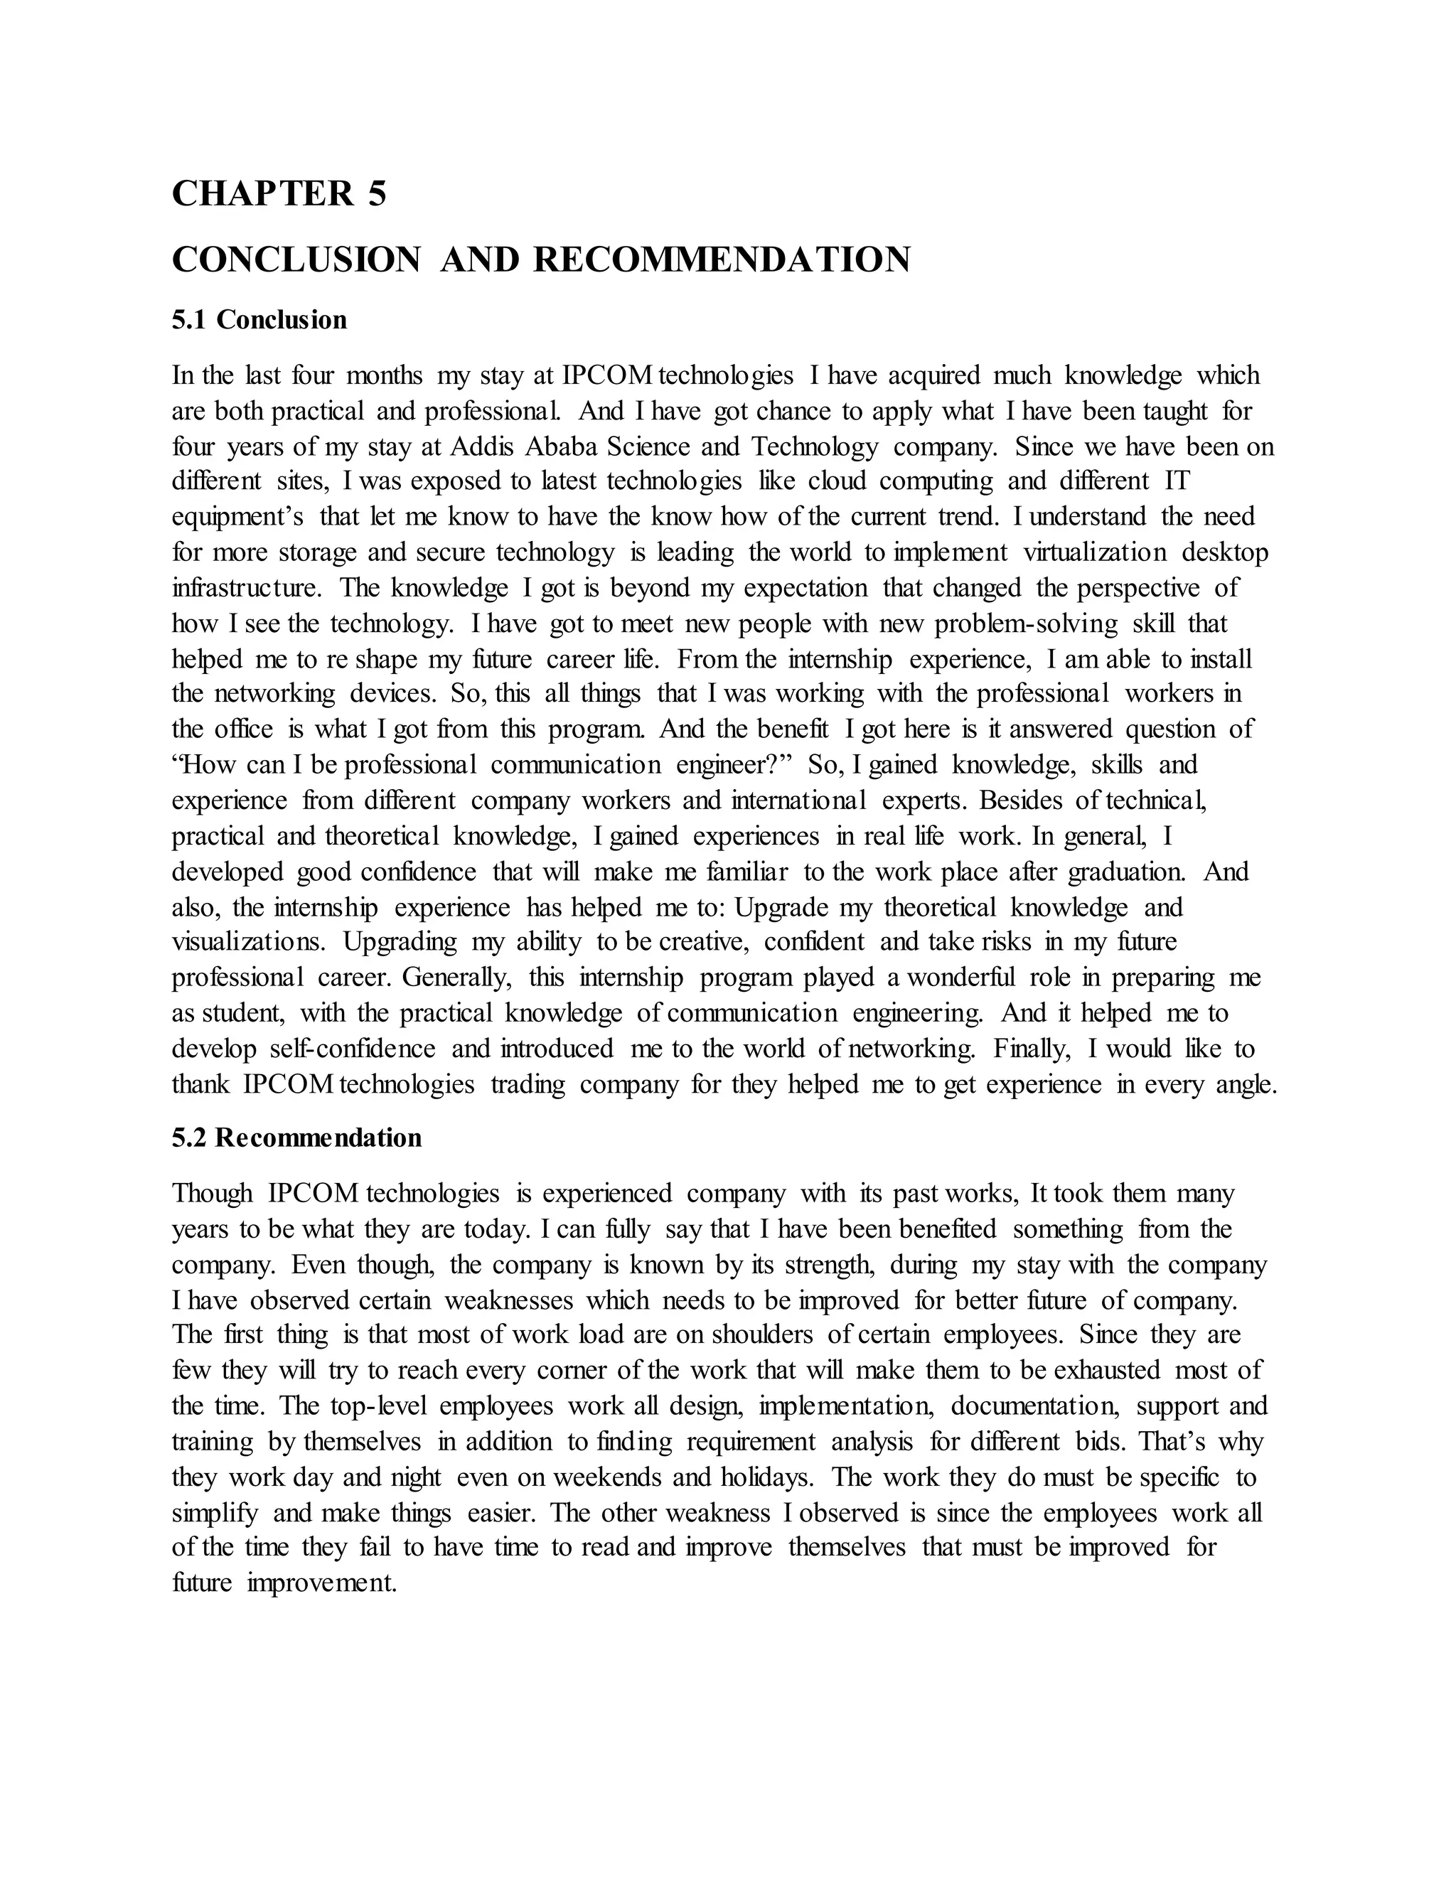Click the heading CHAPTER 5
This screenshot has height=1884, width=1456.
279,193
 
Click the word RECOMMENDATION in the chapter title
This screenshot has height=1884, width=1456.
721,259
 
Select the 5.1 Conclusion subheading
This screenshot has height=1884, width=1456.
259,320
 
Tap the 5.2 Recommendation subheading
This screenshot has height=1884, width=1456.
296,1138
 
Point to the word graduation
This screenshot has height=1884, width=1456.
1127,872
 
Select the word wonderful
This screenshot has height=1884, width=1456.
960,978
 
